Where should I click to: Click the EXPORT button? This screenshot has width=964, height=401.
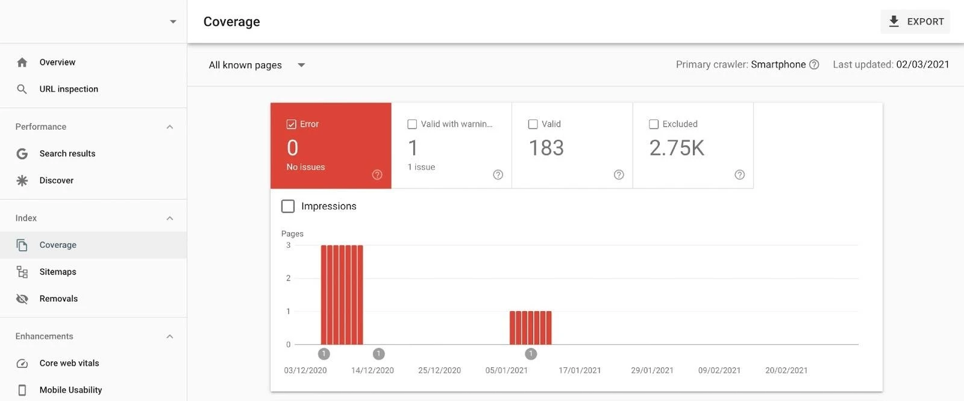click(x=915, y=22)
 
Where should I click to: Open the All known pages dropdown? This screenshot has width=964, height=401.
click(x=257, y=65)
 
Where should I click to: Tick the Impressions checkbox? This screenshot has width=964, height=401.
click(x=288, y=206)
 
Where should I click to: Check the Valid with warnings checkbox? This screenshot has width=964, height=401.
click(x=412, y=124)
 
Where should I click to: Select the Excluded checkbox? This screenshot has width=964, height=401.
click(x=654, y=124)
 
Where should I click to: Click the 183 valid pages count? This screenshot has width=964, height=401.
click(x=546, y=148)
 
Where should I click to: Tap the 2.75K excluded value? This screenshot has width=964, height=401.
click(x=676, y=148)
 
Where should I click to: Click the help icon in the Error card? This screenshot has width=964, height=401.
click(x=377, y=175)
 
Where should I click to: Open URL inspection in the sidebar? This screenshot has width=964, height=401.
click(x=69, y=89)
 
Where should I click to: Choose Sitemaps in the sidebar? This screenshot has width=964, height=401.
click(x=58, y=272)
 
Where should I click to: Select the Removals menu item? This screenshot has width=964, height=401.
click(x=58, y=298)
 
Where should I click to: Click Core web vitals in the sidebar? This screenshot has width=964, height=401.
click(x=69, y=363)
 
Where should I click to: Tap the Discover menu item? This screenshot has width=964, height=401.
click(x=57, y=180)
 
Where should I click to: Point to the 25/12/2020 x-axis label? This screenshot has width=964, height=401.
click(x=439, y=370)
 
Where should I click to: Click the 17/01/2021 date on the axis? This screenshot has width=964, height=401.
click(x=580, y=370)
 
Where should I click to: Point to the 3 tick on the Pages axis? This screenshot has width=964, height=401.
click(x=288, y=245)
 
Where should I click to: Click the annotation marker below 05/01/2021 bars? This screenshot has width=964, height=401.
click(x=531, y=354)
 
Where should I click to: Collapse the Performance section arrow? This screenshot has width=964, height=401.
click(x=170, y=127)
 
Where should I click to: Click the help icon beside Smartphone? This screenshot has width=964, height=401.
click(x=814, y=65)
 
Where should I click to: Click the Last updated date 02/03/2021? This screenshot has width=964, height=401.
click(x=922, y=65)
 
